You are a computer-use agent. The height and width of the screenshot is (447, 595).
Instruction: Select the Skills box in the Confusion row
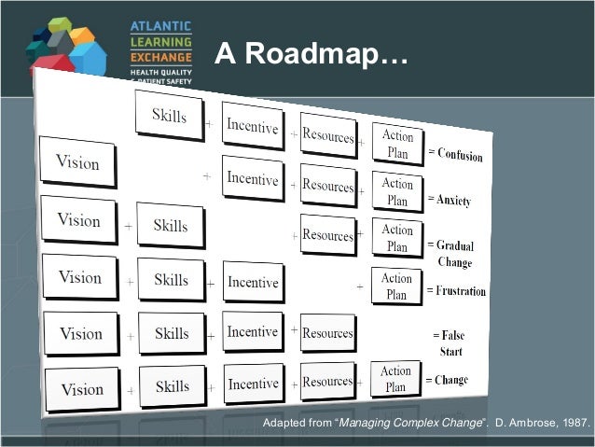point(169,116)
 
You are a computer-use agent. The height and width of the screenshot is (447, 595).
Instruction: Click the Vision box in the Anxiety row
point(77,162)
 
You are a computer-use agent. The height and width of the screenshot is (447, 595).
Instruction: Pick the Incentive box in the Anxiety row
point(252,177)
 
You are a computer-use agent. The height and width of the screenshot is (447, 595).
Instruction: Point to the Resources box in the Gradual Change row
point(327,235)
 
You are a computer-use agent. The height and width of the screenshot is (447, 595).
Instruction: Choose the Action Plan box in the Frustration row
point(396,286)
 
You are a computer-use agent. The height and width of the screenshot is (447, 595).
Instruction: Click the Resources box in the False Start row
point(327,332)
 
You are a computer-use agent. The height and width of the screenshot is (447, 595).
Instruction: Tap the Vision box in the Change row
point(81,389)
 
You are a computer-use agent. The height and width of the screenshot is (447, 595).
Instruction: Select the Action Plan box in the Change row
point(395,379)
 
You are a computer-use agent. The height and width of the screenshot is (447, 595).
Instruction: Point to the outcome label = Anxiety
point(449,200)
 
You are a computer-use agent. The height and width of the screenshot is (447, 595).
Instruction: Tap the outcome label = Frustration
point(456,291)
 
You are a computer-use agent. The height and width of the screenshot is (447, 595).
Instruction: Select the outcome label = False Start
point(450,342)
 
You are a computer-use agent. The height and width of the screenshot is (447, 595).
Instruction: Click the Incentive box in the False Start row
point(252,332)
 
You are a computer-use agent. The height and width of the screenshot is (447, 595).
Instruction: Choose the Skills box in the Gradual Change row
point(171,226)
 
